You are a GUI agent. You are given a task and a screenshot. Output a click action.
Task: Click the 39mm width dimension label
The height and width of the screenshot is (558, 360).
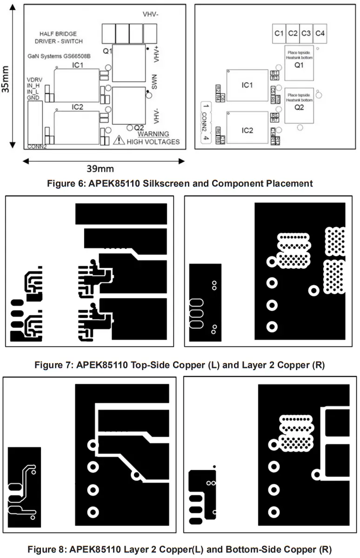[100, 168]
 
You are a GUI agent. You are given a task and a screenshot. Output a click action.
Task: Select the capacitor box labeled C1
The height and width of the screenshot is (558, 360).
[279, 33]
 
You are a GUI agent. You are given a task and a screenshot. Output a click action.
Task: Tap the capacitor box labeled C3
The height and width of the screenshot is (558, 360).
[306, 33]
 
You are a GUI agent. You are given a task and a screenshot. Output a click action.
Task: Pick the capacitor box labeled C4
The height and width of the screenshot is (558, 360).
[320, 33]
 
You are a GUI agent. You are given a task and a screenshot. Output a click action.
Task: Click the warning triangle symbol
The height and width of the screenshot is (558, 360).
[120, 139]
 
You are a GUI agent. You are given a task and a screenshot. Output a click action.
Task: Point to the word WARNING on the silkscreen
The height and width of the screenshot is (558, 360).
[153, 134]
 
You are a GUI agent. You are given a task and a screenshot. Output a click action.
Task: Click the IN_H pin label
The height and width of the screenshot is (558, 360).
[34, 86]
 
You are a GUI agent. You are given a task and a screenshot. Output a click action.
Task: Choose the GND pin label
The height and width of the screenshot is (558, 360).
[33, 98]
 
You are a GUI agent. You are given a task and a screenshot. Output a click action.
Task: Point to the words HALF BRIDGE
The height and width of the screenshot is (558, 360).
[58, 34]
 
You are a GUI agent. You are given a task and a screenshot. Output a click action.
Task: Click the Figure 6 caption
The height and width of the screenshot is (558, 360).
[180, 183]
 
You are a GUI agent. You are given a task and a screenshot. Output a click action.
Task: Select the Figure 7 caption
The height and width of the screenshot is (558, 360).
[180, 365]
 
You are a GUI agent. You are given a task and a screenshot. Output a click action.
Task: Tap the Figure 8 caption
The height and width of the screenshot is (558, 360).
[180, 549]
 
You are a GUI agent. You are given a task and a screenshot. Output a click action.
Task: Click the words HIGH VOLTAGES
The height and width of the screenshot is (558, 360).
[153, 141]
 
